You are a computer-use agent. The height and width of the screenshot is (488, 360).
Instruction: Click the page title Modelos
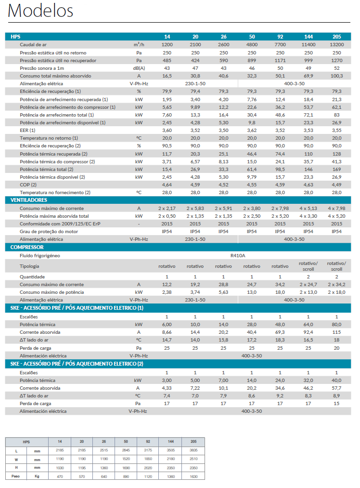click(40, 11)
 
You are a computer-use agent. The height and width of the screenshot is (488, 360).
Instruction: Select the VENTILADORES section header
click(28, 200)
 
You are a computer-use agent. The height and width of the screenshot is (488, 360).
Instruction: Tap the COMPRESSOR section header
click(27, 247)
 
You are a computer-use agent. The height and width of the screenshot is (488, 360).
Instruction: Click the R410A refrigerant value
click(238, 255)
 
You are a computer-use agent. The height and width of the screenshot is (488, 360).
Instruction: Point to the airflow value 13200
click(337, 44)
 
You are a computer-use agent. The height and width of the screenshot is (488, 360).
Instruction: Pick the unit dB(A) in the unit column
click(139, 68)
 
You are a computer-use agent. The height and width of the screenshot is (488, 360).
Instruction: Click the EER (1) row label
click(27, 131)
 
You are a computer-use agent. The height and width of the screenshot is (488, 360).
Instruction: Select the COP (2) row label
click(28, 185)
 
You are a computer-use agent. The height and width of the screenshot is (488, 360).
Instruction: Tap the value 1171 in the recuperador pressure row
click(280, 60)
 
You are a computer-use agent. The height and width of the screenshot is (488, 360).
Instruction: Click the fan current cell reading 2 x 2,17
click(167, 208)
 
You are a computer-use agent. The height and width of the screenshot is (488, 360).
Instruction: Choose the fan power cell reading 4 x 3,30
click(309, 216)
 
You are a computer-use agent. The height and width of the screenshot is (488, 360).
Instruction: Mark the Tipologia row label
click(29, 266)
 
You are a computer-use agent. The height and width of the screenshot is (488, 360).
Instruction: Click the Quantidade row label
click(32, 277)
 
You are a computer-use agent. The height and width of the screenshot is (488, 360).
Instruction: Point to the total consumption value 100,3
click(337, 76)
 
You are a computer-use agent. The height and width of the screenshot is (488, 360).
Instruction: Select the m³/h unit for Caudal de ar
click(139, 44)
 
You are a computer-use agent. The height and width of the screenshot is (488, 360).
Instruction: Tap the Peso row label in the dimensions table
click(15, 476)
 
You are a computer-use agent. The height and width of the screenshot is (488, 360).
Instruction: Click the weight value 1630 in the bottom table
click(193, 476)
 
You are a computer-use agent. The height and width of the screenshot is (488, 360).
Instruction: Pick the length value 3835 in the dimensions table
click(193, 450)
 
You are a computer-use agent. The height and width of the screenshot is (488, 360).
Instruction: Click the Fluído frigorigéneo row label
click(40, 255)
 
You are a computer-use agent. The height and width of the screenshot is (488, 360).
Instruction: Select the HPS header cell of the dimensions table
click(26, 442)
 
